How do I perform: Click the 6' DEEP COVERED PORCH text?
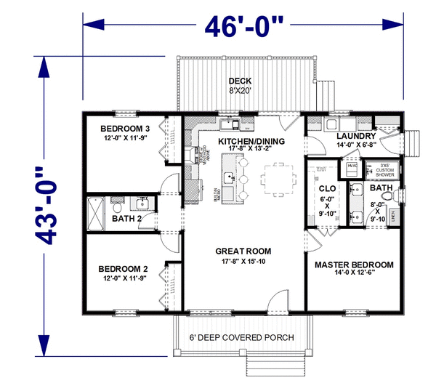click(x=242, y=339)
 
